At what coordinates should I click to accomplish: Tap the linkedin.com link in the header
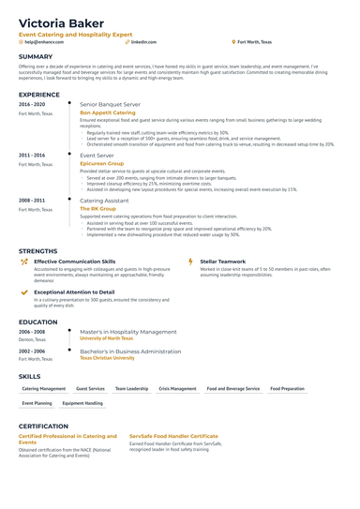[x=143, y=42]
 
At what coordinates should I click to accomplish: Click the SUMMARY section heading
[x=36, y=56]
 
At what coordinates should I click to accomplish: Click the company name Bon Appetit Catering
[x=108, y=112]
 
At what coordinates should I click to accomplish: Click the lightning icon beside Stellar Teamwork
[x=192, y=262]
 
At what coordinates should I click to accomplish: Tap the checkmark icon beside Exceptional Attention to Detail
[x=24, y=292]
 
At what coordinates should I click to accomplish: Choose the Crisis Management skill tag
[x=177, y=388]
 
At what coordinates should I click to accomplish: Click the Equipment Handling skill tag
[x=82, y=403]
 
